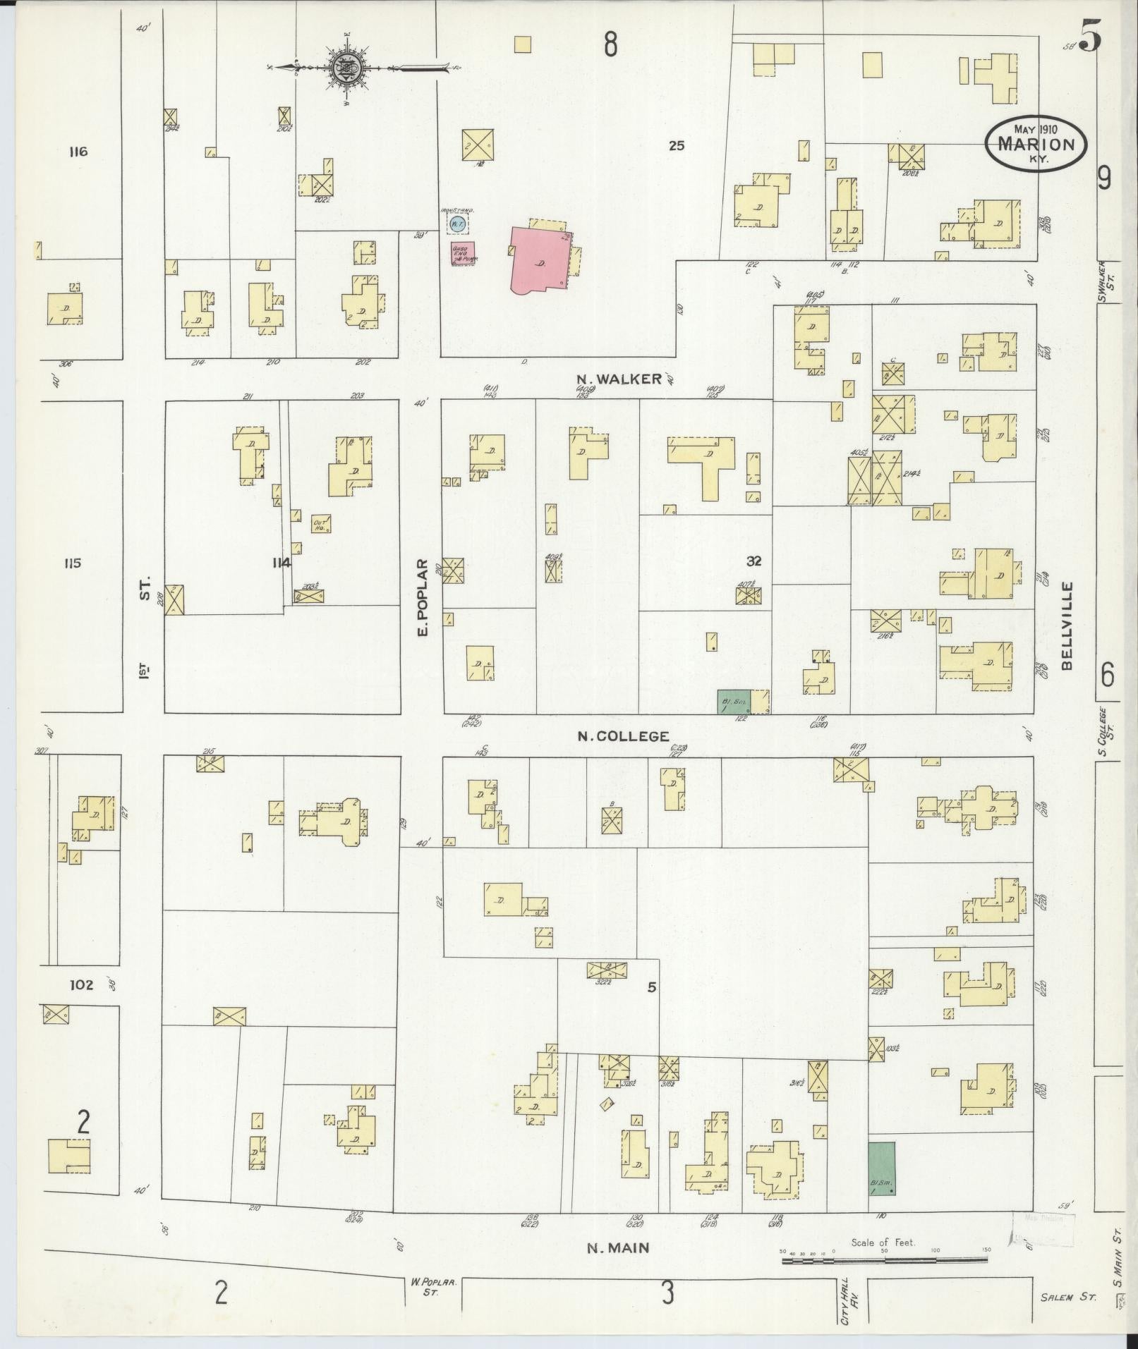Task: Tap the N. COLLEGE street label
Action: pyautogui.click(x=623, y=736)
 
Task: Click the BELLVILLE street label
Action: pyautogui.click(x=1065, y=626)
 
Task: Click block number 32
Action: pyautogui.click(x=754, y=561)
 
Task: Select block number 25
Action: pyautogui.click(x=677, y=146)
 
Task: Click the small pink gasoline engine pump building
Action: pyautogui.click(x=462, y=253)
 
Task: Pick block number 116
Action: pyautogui.click(x=78, y=152)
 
